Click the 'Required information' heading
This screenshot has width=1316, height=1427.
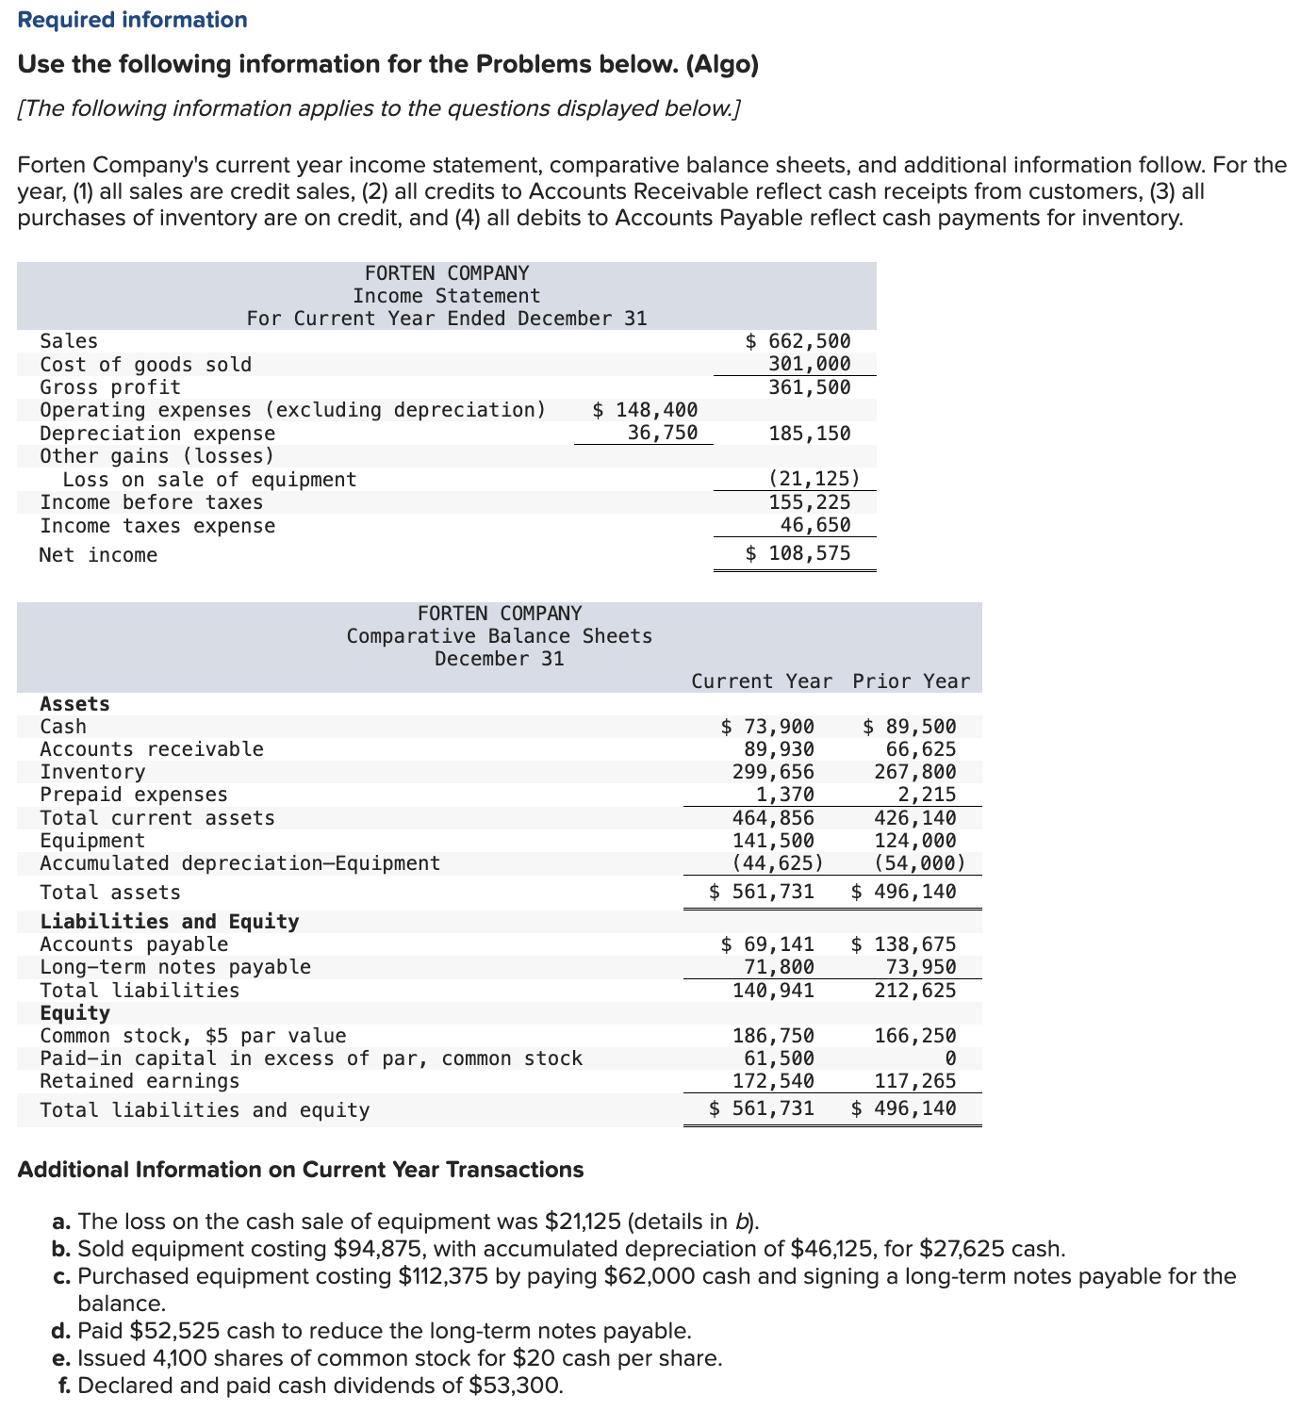[x=133, y=20]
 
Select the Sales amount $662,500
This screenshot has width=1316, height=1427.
[x=798, y=341]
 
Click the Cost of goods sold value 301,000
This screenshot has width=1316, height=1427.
[x=809, y=364]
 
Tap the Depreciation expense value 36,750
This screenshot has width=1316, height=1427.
[x=663, y=433]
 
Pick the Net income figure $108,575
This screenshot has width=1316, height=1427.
[x=798, y=553]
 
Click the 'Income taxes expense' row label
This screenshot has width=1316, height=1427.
[x=157, y=526]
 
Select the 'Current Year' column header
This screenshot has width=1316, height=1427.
[x=762, y=681]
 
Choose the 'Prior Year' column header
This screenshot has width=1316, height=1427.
[x=911, y=681]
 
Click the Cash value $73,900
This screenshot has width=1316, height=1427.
[x=768, y=727]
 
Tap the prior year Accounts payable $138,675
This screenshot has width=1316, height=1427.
[x=904, y=944]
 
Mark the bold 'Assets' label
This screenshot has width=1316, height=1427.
[x=74, y=704]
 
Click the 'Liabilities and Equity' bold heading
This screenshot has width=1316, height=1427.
[x=170, y=922]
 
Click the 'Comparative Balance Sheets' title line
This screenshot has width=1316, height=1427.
[x=499, y=636]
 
